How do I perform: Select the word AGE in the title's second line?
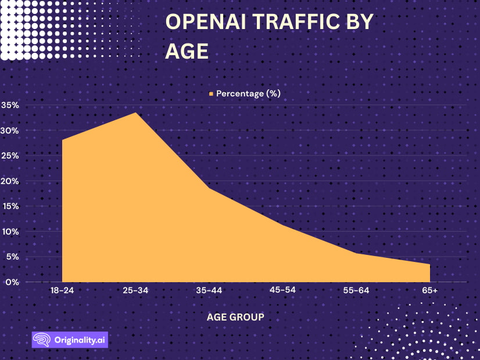(187, 51)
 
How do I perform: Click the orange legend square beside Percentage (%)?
(211, 93)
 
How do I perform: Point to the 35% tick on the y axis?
(11, 106)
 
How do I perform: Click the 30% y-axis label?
(11, 131)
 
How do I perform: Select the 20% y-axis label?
(11, 181)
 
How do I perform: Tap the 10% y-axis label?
(11, 232)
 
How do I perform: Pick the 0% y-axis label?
(13, 282)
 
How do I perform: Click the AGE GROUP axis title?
(235, 317)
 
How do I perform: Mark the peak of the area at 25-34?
(135, 113)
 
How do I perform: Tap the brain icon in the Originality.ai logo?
(41, 340)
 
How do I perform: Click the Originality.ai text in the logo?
(78, 340)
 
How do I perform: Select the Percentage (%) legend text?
(248, 93)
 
